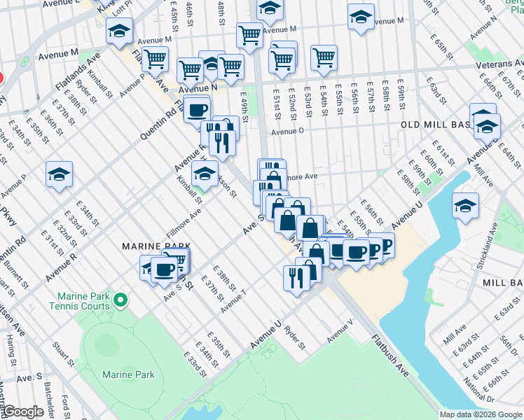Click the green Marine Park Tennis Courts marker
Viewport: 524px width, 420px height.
(120, 301)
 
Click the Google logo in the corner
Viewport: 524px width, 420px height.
(22, 412)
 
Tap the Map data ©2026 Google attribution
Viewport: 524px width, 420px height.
(481, 414)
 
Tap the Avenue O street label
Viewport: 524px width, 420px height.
(287, 131)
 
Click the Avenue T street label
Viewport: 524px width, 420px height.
(234, 303)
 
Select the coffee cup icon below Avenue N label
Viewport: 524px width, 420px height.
(198, 110)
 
